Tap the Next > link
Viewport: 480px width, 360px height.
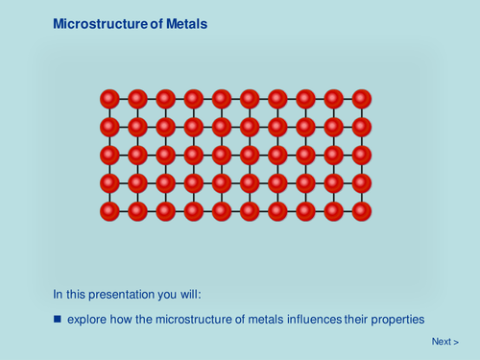444,342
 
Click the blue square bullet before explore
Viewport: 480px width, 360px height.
58,318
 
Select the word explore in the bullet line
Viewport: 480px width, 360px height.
85,318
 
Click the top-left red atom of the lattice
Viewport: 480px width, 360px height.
109,98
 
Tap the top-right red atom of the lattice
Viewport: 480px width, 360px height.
362,98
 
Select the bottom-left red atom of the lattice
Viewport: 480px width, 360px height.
109,210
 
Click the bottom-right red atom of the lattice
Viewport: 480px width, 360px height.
362,210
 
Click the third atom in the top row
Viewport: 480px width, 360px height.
165,98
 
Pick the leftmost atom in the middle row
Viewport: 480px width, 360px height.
109,154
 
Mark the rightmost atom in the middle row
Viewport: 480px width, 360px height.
362,154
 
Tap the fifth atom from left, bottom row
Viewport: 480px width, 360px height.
222,210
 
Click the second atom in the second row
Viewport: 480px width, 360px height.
137,126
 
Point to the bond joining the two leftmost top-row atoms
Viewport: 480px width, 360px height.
124,98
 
